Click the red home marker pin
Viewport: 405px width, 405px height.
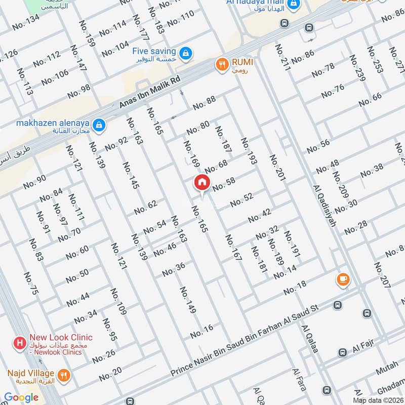click(x=201, y=182)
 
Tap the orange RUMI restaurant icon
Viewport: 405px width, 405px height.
click(x=221, y=64)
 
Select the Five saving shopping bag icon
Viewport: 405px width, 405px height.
click(x=186, y=52)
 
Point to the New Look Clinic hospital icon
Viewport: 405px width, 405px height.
click(x=20, y=343)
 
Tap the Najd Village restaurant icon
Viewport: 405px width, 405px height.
click(x=64, y=375)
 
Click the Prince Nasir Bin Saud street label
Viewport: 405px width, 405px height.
click(x=243, y=340)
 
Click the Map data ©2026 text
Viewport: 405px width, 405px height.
click(x=377, y=400)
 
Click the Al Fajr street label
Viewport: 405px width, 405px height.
click(x=363, y=348)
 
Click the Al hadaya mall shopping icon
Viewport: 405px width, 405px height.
click(x=292, y=5)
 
